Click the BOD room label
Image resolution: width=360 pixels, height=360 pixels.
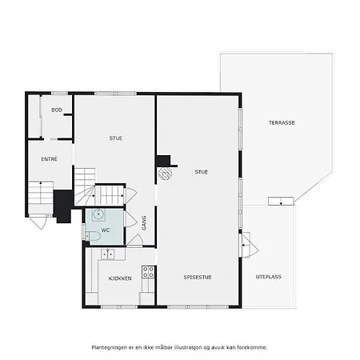coord(57,110)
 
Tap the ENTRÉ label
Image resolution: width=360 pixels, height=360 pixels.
coord(49,159)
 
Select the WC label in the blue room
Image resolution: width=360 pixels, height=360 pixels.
coord(106,230)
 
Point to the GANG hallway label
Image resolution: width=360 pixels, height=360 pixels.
coord(144,223)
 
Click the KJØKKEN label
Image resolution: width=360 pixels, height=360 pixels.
coord(120,278)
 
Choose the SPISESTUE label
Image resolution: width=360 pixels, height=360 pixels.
coord(198,278)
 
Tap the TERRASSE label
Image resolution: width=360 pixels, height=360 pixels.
coord(282,122)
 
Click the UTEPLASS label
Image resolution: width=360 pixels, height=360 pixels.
coord(269,277)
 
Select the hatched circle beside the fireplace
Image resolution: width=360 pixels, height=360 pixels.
coord(165,173)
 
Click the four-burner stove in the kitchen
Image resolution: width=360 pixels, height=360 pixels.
coord(148,272)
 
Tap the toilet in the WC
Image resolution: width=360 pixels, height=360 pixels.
coord(93,236)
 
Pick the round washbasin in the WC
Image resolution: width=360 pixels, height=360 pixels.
coord(98,214)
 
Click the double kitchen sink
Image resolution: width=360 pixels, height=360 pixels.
coord(107,254)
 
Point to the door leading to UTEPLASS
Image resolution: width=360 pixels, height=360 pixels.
coord(250,245)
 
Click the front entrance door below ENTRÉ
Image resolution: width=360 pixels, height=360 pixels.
coord(38,222)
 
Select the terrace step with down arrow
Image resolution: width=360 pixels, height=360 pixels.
coord(281,201)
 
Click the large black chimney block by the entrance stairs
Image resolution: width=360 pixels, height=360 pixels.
coord(63,206)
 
